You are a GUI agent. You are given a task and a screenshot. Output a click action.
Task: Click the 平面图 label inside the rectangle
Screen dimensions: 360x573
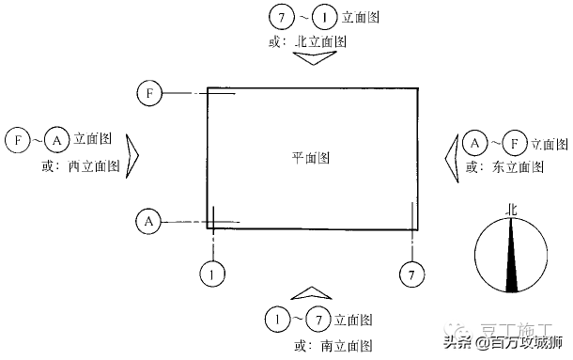tap(310, 157)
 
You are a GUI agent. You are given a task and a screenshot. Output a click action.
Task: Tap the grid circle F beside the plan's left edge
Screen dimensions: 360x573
tap(149, 93)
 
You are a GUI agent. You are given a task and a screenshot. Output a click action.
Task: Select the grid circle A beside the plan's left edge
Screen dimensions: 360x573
tap(148, 222)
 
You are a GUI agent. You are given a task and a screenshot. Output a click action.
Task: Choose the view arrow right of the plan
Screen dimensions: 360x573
tap(451, 155)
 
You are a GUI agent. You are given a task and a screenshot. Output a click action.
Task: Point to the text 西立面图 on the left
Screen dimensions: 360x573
tap(94, 166)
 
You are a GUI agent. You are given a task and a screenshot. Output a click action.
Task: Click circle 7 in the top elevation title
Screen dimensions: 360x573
tap(279, 16)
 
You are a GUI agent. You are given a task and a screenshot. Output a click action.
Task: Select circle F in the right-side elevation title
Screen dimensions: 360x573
tap(513, 144)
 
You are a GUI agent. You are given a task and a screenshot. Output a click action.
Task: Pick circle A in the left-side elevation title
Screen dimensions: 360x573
tap(56, 141)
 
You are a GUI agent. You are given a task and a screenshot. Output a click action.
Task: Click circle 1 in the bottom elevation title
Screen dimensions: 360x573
tap(276, 320)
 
